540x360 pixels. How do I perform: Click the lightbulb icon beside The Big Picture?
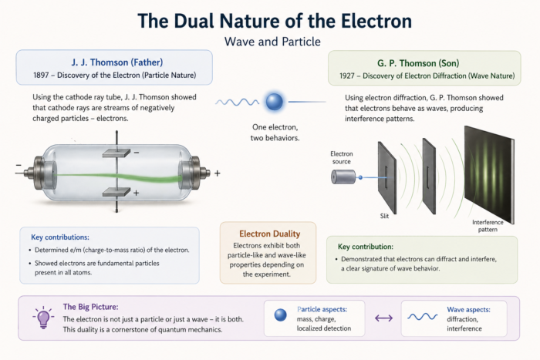(x=43, y=317)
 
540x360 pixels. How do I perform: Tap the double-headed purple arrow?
(x=383, y=318)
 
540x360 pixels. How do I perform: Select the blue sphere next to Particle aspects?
(x=281, y=315)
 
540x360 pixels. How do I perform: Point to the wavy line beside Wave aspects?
(x=423, y=317)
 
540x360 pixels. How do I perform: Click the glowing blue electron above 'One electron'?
(x=275, y=102)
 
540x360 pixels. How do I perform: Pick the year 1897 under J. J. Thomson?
(x=41, y=75)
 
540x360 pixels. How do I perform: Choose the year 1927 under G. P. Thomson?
(x=347, y=76)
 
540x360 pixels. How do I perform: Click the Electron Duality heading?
(x=270, y=234)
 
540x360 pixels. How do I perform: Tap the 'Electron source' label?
(x=341, y=157)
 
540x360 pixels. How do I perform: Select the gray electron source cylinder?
(x=343, y=177)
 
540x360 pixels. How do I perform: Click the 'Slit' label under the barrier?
(x=384, y=216)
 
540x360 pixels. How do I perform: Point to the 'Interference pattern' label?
(x=488, y=226)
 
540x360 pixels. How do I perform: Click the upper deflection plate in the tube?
(x=116, y=153)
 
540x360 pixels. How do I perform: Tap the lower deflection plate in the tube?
(x=116, y=192)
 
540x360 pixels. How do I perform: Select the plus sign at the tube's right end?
(x=218, y=173)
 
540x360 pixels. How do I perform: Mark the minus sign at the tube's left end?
(x=19, y=165)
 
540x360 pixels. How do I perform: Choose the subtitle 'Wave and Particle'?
(x=272, y=42)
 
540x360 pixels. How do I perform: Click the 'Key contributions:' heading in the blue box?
(x=60, y=237)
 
